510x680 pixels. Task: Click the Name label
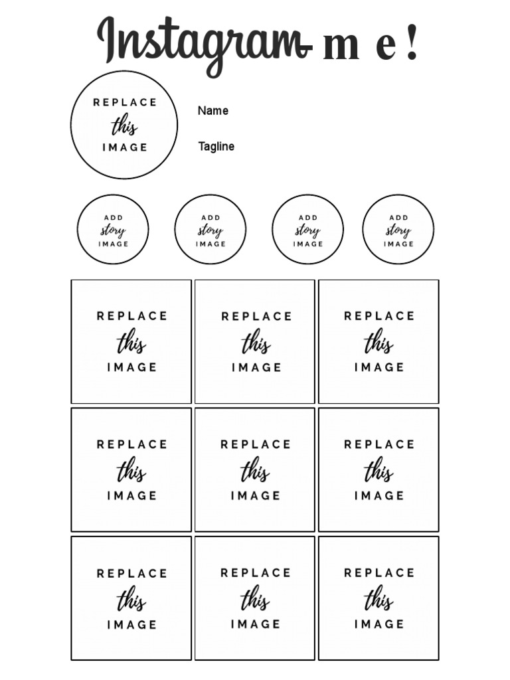click(212, 111)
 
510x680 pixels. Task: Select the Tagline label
click(216, 147)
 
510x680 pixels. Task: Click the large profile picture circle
click(124, 125)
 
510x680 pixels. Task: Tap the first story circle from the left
click(113, 230)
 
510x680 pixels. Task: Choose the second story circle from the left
click(211, 230)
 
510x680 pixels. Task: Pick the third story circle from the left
click(307, 230)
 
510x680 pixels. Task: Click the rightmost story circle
click(398, 230)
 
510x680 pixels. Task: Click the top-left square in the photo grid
click(131, 341)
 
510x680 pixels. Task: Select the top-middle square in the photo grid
click(255, 341)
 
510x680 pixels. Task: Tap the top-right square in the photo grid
click(379, 341)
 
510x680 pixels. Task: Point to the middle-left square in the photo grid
click(131, 469)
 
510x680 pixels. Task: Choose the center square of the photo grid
click(255, 469)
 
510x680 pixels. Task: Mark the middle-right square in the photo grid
click(379, 469)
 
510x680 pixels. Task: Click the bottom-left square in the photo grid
click(131, 598)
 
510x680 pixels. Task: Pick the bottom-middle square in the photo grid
click(255, 598)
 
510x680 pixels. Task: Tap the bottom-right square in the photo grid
click(379, 598)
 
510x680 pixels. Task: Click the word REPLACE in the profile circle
click(125, 102)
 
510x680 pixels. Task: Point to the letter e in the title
click(384, 48)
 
